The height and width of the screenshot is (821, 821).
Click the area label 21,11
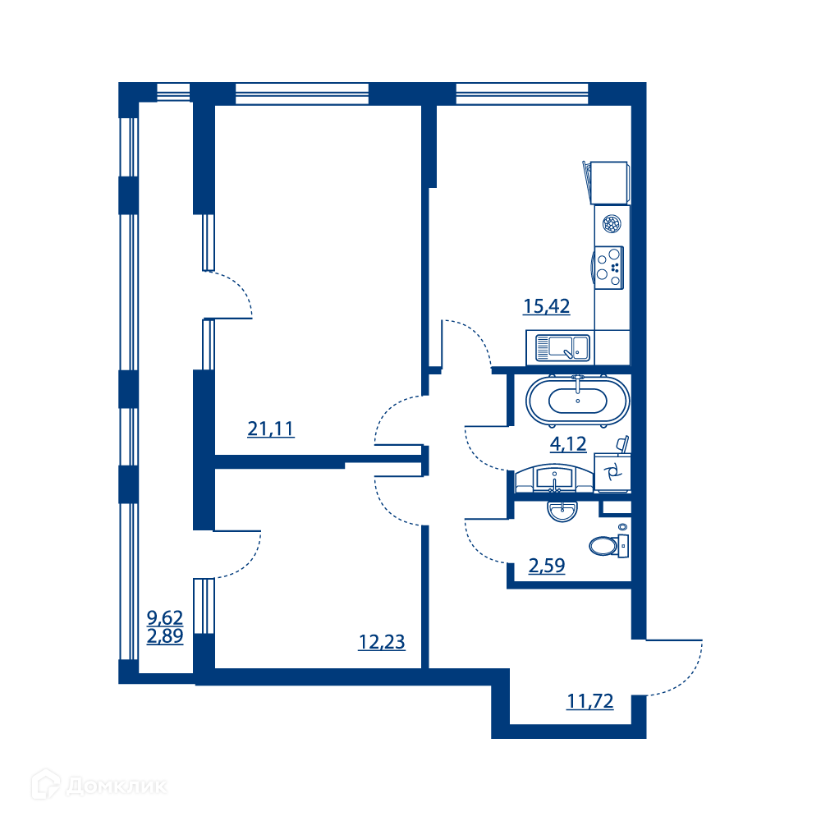pyautogui.click(x=271, y=429)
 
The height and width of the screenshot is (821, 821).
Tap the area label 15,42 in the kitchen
pyautogui.click(x=546, y=305)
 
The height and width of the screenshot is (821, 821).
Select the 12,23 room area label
pyautogui.click(x=382, y=642)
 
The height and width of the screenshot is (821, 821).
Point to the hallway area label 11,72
pyautogui.click(x=590, y=701)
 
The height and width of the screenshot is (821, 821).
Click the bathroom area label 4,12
pyautogui.click(x=568, y=444)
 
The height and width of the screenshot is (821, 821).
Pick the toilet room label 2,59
pyautogui.click(x=547, y=566)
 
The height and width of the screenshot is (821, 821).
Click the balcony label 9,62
pyautogui.click(x=165, y=618)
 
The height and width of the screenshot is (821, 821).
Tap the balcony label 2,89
pyautogui.click(x=165, y=636)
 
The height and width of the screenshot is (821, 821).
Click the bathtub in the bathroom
pyautogui.click(x=577, y=401)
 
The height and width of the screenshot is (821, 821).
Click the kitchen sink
pyautogui.click(x=562, y=347)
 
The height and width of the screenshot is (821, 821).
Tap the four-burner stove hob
pyautogui.click(x=609, y=268)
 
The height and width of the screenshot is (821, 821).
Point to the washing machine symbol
pyautogui.click(x=612, y=473)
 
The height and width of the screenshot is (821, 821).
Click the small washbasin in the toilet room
pyautogui.click(x=562, y=511)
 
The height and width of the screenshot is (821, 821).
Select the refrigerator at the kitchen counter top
pyautogui.click(x=608, y=183)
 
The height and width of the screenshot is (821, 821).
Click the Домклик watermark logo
pyautogui.click(x=99, y=786)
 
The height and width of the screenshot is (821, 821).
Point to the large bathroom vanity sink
pyautogui.click(x=554, y=479)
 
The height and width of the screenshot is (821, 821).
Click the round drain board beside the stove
pyautogui.click(x=612, y=224)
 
